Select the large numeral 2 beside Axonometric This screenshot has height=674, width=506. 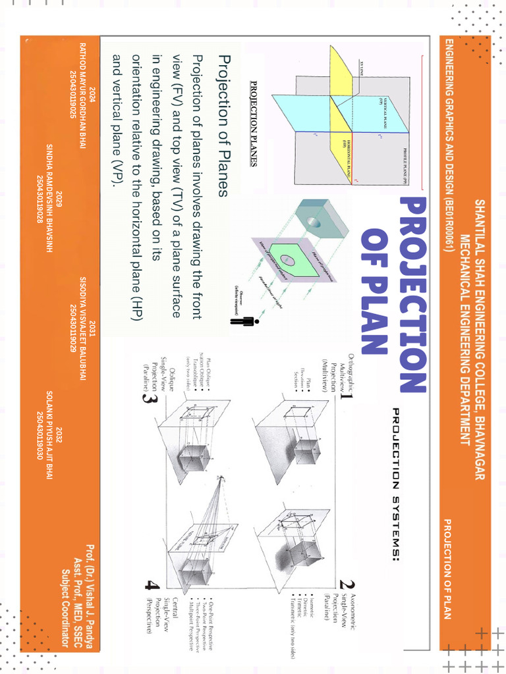tap(343, 584)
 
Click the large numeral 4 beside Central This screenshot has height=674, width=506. tap(152, 585)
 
